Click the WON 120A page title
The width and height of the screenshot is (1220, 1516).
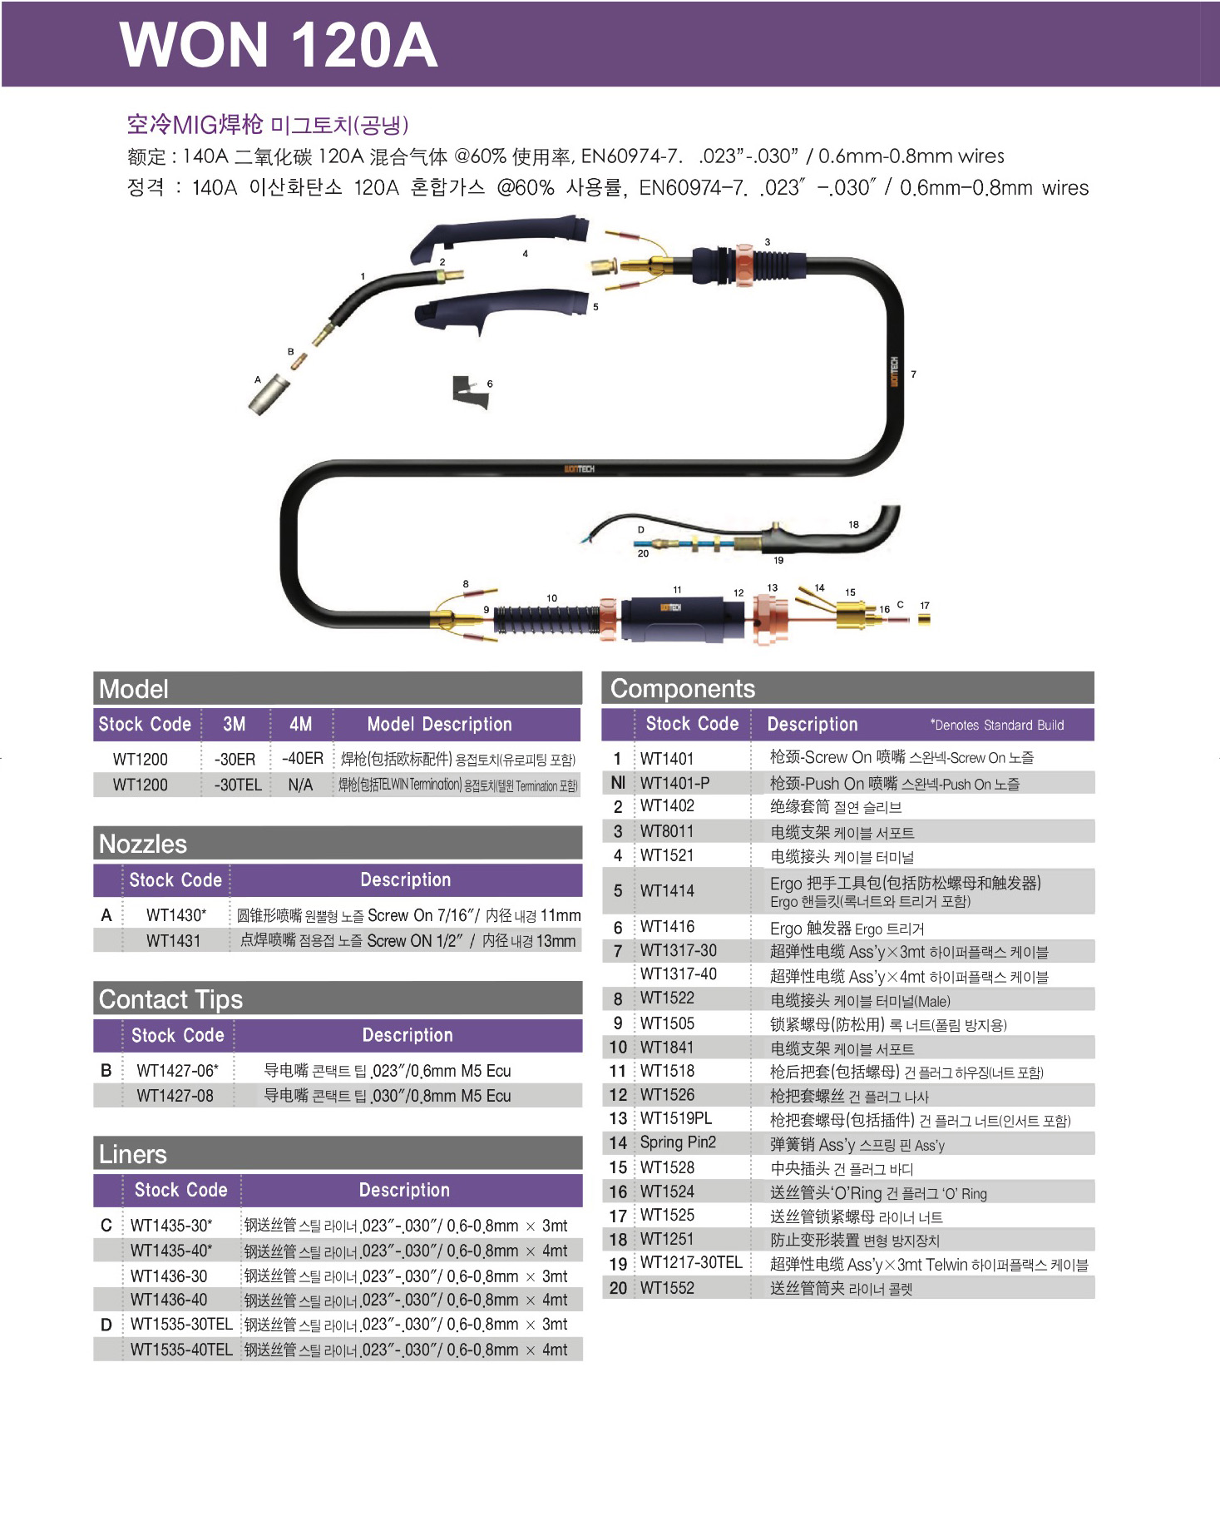tap(279, 45)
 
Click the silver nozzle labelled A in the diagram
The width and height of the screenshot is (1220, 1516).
tap(269, 395)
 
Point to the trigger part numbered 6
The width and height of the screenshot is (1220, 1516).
tap(470, 391)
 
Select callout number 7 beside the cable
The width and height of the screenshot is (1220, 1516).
tap(913, 374)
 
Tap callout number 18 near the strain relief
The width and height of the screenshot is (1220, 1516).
tap(853, 524)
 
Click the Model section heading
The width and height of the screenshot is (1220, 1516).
tap(133, 689)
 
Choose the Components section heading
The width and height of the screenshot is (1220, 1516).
tap(683, 689)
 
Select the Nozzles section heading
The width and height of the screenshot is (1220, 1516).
tap(143, 844)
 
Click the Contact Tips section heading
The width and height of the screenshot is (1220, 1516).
tap(170, 999)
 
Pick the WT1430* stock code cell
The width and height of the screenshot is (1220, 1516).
tap(176, 915)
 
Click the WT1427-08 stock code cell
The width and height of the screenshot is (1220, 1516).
tap(175, 1096)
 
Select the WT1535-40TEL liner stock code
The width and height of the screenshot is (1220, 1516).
tap(181, 1350)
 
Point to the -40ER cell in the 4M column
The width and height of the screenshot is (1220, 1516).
tap(302, 759)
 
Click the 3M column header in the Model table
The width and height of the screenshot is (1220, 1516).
tap(235, 724)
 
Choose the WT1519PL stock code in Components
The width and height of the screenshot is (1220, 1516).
tap(676, 1118)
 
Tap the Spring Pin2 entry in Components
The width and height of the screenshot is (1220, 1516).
tap(678, 1142)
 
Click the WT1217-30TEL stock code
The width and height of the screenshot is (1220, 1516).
tap(691, 1262)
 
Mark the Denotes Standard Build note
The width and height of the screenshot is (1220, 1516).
tap(997, 725)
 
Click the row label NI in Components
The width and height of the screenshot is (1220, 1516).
tap(618, 782)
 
